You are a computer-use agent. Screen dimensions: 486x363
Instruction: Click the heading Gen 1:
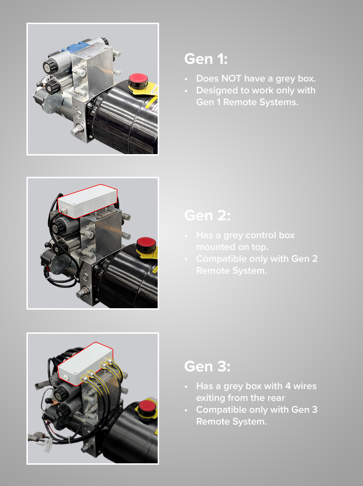click(206, 60)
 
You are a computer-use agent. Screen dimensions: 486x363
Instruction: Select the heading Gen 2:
click(207, 216)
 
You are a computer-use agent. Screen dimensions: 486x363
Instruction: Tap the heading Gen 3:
click(207, 366)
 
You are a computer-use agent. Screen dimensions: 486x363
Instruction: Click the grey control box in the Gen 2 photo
click(88, 200)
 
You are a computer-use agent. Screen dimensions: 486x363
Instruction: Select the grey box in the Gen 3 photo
click(85, 359)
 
